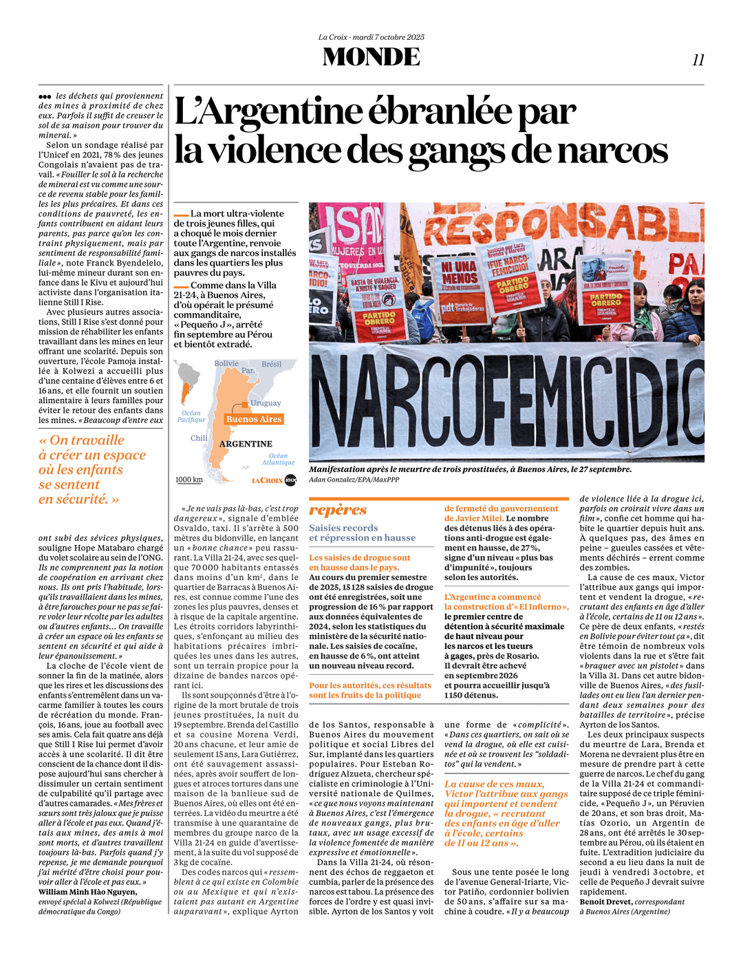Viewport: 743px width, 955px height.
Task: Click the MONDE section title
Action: tap(371, 56)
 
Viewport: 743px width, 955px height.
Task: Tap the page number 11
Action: tap(698, 61)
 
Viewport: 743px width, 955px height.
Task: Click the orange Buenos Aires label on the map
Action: tap(254, 419)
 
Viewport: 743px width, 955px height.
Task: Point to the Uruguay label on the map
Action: tap(266, 403)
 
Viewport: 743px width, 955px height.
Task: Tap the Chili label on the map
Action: tap(199, 438)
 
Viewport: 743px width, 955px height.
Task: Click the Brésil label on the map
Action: tap(271, 364)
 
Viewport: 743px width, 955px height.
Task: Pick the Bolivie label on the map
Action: tap(226, 363)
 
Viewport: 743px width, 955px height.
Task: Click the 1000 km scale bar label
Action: tap(189, 480)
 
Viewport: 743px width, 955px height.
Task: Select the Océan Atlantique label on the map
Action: tap(278, 459)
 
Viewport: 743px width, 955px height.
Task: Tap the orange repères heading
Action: tap(338, 510)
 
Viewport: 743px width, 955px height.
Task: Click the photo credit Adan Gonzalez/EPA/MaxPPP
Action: tap(354, 480)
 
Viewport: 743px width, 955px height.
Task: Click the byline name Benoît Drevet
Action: tap(605, 901)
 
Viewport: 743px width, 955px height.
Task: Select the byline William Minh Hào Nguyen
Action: tap(87, 892)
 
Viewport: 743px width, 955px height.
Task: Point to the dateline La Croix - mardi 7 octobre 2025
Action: tap(371, 37)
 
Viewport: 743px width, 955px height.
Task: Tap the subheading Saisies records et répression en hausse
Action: tap(362, 533)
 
